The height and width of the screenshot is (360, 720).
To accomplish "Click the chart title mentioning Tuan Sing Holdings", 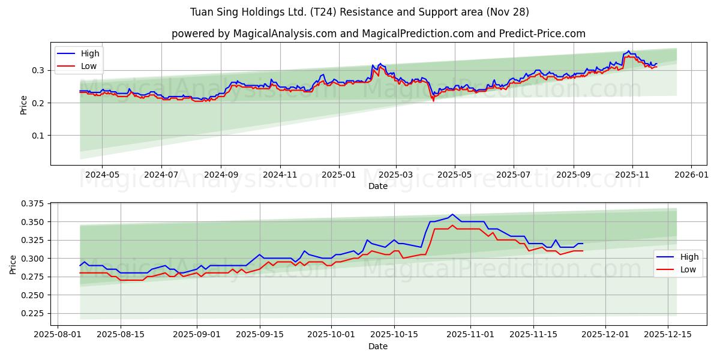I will pos(360,12).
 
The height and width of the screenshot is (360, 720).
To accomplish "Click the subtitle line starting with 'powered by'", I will pos(378,34).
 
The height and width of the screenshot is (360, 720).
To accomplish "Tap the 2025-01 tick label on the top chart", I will pos(339,175).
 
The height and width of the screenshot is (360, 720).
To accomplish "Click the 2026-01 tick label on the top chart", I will pos(691,175).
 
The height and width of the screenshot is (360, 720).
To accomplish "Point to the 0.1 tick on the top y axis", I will pos(38,136).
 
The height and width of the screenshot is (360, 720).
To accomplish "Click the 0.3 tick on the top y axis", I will pos(38,70).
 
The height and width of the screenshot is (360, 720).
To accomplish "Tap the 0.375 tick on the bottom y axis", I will pos(33,204).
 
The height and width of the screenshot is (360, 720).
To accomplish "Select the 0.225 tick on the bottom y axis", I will pos(33,313).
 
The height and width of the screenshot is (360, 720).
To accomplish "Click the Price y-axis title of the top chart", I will pos(24,105).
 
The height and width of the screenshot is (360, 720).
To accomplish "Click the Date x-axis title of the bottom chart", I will pos(378,346).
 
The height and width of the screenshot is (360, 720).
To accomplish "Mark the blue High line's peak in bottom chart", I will pos(452,214).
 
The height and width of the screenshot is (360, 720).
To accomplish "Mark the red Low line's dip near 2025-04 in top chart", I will pos(433,100).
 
